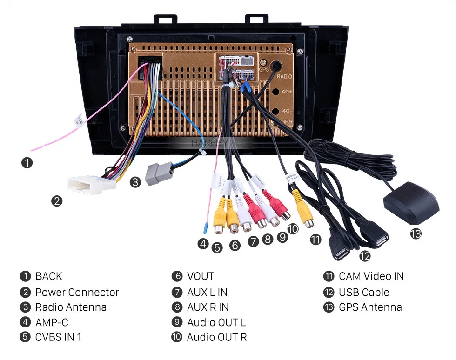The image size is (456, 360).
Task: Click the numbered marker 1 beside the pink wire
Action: [27, 163]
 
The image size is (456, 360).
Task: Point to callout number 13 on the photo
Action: [416, 233]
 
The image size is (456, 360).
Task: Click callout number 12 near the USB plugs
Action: [365, 255]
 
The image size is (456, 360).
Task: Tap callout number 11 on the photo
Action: [316, 240]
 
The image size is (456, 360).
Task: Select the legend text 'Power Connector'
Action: [77, 292]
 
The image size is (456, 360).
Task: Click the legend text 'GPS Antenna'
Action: [370, 307]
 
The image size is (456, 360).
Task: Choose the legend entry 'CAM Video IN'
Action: [371, 276]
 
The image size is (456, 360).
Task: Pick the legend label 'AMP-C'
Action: [52, 322]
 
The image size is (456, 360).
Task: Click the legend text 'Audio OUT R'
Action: [216, 337]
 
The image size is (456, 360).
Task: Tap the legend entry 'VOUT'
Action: [201, 276]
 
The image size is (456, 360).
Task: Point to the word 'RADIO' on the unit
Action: [284, 76]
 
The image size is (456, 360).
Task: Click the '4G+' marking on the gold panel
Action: [287, 93]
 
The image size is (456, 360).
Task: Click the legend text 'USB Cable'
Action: [364, 292]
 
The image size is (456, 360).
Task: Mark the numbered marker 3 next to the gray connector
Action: [135, 182]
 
